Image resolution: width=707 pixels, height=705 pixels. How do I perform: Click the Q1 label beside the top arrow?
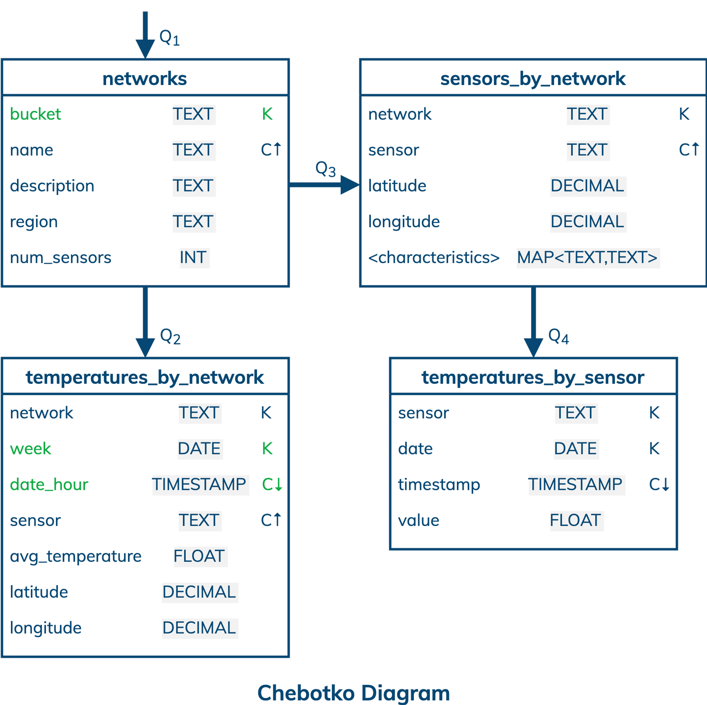[169, 38]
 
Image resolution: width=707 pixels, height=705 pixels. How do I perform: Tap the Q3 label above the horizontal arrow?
[326, 169]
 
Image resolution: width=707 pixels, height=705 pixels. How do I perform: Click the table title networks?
[145, 78]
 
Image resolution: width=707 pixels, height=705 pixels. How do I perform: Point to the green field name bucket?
[35, 114]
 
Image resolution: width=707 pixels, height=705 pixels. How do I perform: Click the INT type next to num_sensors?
[193, 257]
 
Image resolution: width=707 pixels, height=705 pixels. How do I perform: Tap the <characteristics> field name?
[434, 257]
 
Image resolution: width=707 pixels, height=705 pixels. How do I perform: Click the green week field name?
[31, 449]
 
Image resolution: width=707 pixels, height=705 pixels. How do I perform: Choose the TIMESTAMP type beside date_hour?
[199, 484]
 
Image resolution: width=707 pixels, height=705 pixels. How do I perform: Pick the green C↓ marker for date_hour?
[272, 484]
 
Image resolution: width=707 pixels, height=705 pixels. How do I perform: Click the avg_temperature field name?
[75, 556]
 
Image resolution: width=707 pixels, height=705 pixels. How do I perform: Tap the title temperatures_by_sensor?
[533, 377]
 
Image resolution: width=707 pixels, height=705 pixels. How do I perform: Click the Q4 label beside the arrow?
[559, 336]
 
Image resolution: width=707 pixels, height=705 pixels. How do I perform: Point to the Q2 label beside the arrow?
[170, 337]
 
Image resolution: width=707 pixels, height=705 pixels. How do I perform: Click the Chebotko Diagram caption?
[353, 692]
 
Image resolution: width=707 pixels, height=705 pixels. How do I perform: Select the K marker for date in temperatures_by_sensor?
[654, 449]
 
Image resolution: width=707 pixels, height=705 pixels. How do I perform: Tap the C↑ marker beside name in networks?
[271, 150]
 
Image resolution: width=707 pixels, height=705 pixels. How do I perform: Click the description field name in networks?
[52, 186]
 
